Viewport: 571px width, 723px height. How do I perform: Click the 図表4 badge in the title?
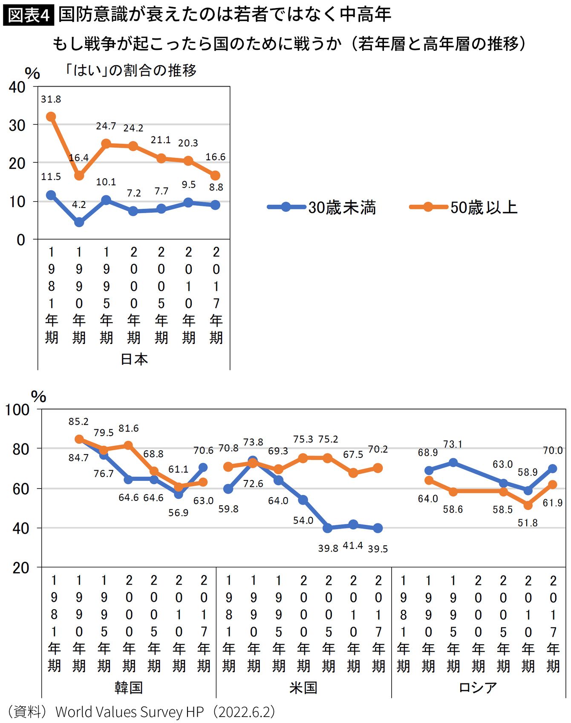point(29,15)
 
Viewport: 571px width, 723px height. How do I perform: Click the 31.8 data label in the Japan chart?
point(51,99)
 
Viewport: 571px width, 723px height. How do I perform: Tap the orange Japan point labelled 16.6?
point(216,176)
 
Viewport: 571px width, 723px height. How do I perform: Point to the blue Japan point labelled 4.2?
point(79,222)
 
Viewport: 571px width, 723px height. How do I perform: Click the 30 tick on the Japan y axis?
point(17,125)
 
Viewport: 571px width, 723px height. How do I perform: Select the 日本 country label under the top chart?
point(134,359)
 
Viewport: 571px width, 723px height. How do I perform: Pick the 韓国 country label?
point(128,687)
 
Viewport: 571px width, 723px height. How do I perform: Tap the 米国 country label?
point(303,687)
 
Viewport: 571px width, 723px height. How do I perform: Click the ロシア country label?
point(478,687)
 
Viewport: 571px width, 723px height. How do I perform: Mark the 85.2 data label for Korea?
point(78,422)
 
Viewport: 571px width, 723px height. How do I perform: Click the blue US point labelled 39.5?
point(378,528)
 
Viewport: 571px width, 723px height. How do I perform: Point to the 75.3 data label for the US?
point(303,439)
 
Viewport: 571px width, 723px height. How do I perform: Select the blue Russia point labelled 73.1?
point(453,463)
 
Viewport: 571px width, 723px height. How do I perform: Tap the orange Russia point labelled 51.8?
point(528,505)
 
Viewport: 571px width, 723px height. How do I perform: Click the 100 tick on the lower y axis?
point(17,410)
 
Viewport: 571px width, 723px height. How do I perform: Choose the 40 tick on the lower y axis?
point(20,528)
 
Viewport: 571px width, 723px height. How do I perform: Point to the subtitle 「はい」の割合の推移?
point(131,70)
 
